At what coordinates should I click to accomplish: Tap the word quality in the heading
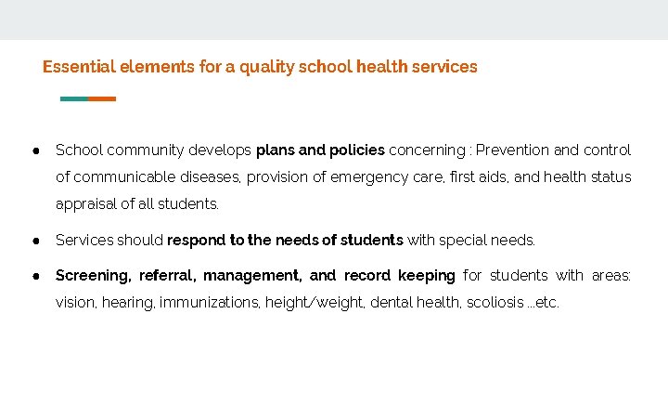(267, 67)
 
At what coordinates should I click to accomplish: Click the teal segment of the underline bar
(73, 98)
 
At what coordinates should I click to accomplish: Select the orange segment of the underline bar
(102, 98)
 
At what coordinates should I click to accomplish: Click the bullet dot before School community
(34, 150)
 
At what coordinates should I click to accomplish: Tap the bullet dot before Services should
(34, 240)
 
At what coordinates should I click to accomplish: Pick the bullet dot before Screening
(34, 275)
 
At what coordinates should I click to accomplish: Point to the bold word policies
(357, 150)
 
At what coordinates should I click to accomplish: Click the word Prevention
(514, 150)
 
